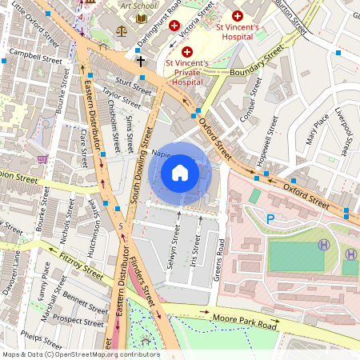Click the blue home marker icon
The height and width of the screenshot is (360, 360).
click(x=180, y=172)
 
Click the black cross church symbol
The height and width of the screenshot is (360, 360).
click(x=141, y=61)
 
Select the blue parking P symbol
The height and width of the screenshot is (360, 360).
click(x=270, y=218)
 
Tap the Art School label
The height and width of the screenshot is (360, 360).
click(x=138, y=5)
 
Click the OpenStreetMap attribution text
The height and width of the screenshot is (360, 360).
click(x=80, y=354)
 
